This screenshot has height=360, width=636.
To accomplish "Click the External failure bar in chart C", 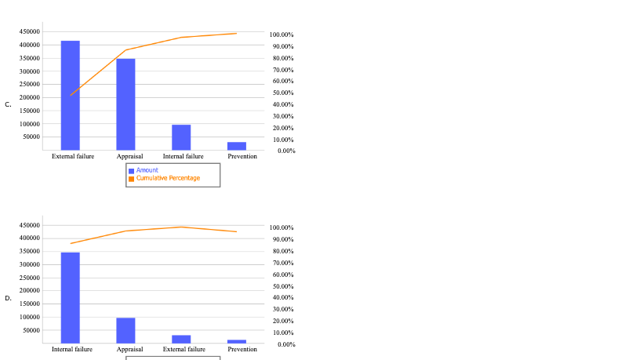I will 71,95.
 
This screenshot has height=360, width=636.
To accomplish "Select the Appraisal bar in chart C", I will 125,104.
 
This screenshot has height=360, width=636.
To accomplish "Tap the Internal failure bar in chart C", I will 181,137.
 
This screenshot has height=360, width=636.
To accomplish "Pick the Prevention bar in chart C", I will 237,146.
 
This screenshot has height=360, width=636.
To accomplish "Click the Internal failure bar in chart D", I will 71,297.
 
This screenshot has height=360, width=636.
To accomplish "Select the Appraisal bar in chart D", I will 125,330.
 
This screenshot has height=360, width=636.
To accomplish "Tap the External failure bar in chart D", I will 181,339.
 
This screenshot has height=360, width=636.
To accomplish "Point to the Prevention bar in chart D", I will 237,341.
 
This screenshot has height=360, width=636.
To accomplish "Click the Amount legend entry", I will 147,170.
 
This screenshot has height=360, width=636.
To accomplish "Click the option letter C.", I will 8,104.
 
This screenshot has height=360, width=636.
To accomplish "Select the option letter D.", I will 8,298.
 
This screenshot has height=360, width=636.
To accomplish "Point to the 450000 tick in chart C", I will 30,32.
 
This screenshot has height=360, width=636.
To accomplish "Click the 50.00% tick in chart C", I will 282,93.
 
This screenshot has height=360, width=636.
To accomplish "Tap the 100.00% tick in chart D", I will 282,227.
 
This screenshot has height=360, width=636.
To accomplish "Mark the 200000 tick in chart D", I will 30,291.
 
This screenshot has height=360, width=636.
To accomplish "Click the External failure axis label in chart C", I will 73,156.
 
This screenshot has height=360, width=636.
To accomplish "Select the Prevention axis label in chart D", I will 242,349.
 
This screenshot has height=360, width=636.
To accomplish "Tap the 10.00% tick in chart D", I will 282,333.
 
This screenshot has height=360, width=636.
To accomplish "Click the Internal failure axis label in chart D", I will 72,349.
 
